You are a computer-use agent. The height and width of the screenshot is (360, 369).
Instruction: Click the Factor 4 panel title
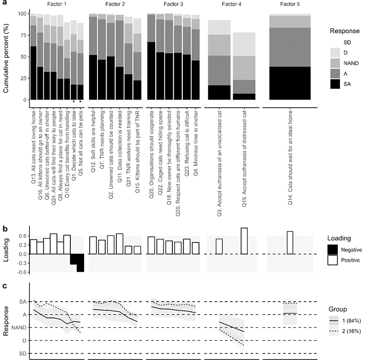point(231,5)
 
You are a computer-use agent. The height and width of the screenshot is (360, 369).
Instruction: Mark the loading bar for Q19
point(244,241)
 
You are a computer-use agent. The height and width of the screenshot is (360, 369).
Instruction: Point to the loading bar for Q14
point(290,242)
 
